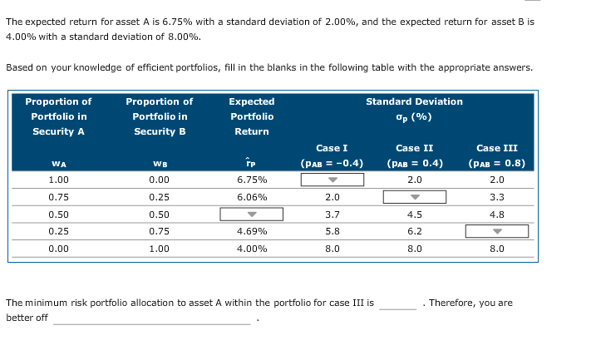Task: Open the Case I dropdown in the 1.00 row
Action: [x=332, y=180]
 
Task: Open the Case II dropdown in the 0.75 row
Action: [x=414, y=197]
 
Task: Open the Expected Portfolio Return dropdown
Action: [x=251, y=215]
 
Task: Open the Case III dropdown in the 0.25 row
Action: [x=496, y=231]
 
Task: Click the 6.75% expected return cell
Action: [x=251, y=180]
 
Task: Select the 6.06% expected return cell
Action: [x=251, y=197]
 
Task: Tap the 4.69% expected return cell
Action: [x=251, y=231]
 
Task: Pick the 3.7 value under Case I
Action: [x=332, y=215]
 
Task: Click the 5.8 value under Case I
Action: [x=332, y=231]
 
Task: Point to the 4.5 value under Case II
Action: [x=414, y=215]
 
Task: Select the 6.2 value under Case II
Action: [x=414, y=231]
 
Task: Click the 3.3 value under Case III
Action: [x=496, y=197]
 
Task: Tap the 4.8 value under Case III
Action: [x=496, y=215]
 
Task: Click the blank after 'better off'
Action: [x=151, y=318]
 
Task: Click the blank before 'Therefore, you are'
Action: [x=397, y=303]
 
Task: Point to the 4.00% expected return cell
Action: [x=251, y=248]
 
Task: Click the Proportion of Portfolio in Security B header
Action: [x=159, y=116]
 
